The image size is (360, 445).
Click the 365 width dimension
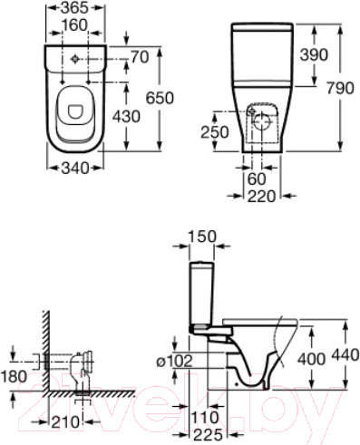coord(74,8)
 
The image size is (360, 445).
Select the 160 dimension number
coord(74,25)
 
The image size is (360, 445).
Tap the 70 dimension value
coord(140,57)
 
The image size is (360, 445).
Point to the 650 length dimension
coord(160,98)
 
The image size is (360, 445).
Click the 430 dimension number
coord(126,116)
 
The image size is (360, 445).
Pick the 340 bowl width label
coord(75,168)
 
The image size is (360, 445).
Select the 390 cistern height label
coord(314,54)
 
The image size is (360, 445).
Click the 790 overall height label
coord(340,88)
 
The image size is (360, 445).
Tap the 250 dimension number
coord(215,132)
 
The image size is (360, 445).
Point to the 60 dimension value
coord(257,179)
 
